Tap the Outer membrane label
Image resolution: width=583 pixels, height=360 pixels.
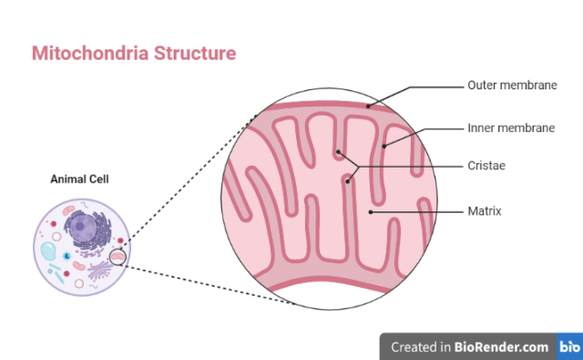[x=511, y=87]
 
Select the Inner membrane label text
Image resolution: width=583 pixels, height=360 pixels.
[x=511, y=129]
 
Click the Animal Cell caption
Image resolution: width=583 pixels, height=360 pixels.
[x=79, y=180]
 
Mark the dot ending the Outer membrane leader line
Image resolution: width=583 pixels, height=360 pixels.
[x=367, y=107]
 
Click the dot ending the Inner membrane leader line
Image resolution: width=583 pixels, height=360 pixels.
[x=385, y=144]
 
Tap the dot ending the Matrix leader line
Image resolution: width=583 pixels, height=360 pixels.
[x=369, y=211]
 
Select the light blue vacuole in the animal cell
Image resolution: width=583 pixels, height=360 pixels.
[x=50, y=254]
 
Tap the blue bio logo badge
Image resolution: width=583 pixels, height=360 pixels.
[x=569, y=346]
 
